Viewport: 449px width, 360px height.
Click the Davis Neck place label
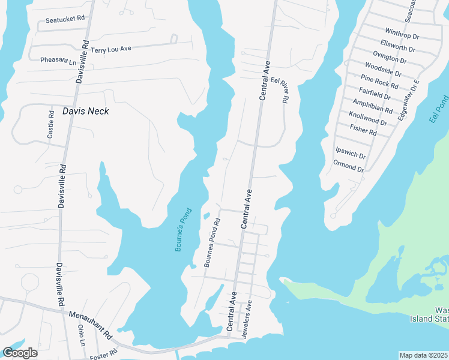click(85, 111)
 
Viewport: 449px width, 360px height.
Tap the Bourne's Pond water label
click(182, 229)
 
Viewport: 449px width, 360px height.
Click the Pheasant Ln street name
click(58, 60)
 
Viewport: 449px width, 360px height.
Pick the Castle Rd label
click(51, 124)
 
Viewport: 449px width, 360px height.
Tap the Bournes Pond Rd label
click(212, 242)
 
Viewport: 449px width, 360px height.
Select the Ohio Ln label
click(82, 336)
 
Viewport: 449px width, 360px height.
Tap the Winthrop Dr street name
click(402, 36)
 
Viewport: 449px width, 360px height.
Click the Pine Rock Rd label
click(380, 81)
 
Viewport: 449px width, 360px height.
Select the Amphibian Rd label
click(372, 106)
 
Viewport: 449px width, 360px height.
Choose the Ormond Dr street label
click(348, 166)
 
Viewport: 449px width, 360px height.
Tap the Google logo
click(20, 353)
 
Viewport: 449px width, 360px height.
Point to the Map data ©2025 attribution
click(424, 355)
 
